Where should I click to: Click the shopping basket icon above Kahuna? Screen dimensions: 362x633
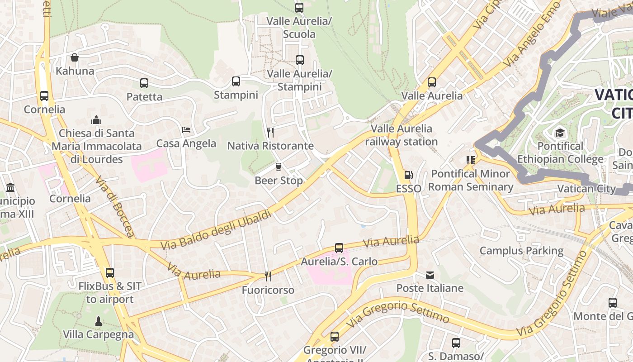point(75,57)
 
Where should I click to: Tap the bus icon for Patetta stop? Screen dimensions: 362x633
point(144,83)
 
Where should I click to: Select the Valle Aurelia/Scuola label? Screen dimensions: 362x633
point(299,28)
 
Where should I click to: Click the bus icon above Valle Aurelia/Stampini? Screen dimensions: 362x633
point(299,60)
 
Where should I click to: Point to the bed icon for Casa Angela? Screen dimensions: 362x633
point(186,130)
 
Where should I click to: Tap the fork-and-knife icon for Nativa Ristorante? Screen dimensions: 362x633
point(270,132)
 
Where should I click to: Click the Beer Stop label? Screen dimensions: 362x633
point(279,181)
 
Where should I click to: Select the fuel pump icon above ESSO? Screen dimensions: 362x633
point(408,175)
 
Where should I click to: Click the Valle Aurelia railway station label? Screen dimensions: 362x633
point(402,135)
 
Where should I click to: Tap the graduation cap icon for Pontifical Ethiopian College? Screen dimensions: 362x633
point(560,133)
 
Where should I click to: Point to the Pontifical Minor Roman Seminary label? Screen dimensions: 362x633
point(471,180)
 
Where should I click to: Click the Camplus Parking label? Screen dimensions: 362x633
point(521,251)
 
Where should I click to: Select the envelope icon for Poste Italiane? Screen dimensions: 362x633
point(430,275)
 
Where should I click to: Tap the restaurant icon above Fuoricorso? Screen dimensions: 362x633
point(268,276)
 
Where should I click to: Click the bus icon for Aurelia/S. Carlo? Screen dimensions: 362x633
point(339,248)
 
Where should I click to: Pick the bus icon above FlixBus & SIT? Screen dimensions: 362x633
point(109,273)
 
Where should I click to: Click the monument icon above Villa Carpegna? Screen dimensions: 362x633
point(98,321)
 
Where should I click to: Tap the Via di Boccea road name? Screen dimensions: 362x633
point(115,206)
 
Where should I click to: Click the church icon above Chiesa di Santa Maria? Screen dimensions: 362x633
point(96,120)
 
